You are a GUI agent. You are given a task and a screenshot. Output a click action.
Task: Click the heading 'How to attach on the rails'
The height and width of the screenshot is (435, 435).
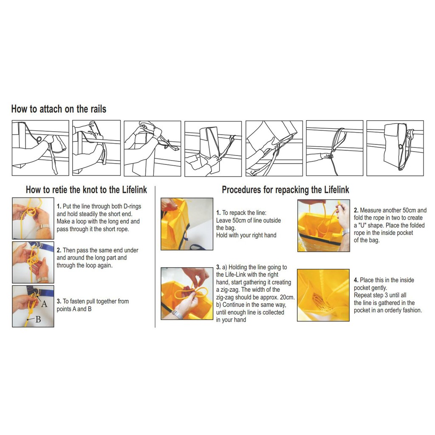[59, 109]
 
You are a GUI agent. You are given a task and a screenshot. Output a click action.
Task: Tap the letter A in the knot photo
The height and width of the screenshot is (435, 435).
[44, 304]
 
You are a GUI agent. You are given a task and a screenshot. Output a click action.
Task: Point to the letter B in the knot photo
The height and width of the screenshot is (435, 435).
[38, 319]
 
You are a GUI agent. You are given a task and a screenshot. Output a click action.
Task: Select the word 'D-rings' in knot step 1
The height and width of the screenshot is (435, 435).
[133, 206]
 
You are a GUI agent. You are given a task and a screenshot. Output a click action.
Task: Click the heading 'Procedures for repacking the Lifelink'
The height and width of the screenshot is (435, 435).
[285, 190]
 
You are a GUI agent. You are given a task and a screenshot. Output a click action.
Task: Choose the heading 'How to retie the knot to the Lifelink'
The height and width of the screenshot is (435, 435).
[86, 190]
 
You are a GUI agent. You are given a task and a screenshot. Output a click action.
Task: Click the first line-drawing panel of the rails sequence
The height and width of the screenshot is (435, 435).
[40, 148]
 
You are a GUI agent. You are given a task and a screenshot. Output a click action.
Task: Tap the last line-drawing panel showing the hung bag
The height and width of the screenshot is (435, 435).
[395, 148]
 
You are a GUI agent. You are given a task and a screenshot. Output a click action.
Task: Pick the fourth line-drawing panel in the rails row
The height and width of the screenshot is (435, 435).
[213, 148]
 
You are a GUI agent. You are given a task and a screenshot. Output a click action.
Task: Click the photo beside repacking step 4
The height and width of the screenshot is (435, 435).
[323, 295]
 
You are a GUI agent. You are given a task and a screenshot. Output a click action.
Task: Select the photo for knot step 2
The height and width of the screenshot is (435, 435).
[33, 262]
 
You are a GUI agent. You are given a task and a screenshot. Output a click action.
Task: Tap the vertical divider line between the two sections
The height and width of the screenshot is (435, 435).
[155, 257]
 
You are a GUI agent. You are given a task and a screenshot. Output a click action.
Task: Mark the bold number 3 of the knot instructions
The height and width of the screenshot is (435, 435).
[59, 301]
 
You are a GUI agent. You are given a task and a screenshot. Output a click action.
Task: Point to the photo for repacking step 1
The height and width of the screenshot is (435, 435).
[187, 224]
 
